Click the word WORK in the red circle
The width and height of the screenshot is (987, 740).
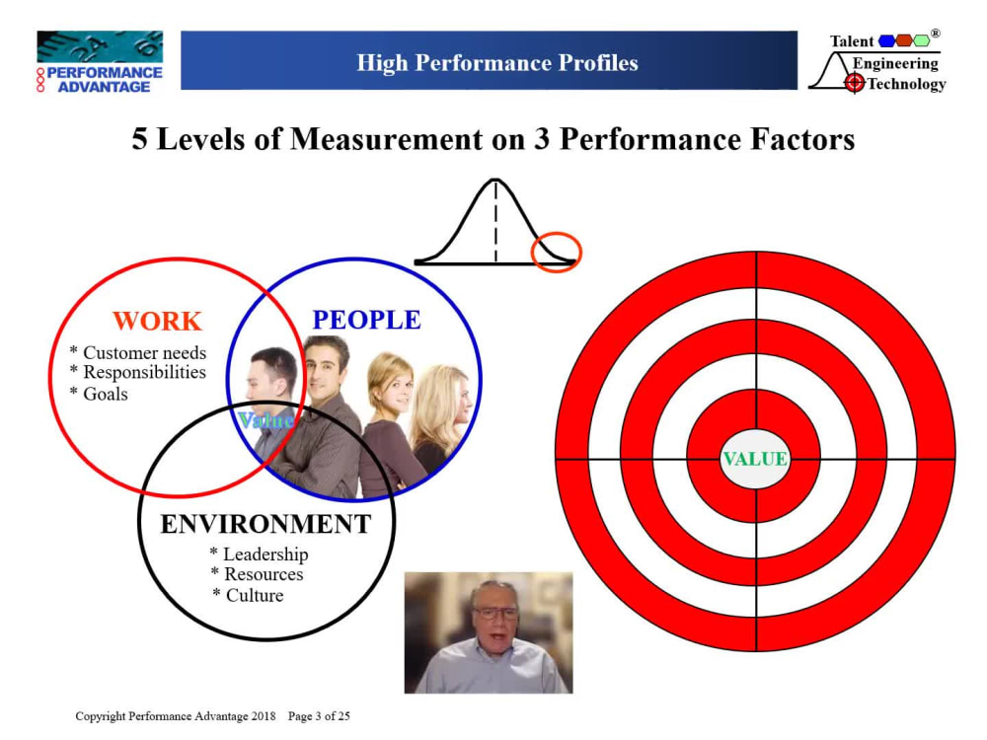pyautogui.click(x=157, y=321)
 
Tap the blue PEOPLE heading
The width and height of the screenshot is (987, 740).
pyautogui.click(x=366, y=320)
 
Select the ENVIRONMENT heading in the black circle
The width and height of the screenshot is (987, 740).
pyautogui.click(x=266, y=524)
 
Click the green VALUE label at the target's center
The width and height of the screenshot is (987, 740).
pyautogui.click(x=755, y=459)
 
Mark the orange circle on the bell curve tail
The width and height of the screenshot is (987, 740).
pyautogui.click(x=557, y=253)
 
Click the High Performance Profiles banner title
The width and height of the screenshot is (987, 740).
pyautogui.click(x=497, y=63)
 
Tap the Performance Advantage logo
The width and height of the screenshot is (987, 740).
pyautogui.click(x=99, y=62)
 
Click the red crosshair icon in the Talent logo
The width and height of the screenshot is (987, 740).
pyautogui.click(x=855, y=84)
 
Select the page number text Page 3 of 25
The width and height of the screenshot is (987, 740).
pyautogui.click(x=318, y=715)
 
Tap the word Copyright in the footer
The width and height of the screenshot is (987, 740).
pyautogui.click(x=101, y=715)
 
